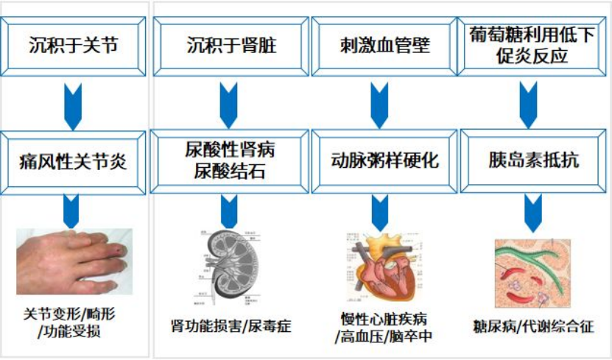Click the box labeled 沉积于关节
(74, 46)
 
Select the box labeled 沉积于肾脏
(229, 46)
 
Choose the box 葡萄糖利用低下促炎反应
(532, 45)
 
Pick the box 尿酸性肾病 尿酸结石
(229, 161)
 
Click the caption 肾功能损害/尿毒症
(231, 325)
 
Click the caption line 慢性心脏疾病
(383, 319)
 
